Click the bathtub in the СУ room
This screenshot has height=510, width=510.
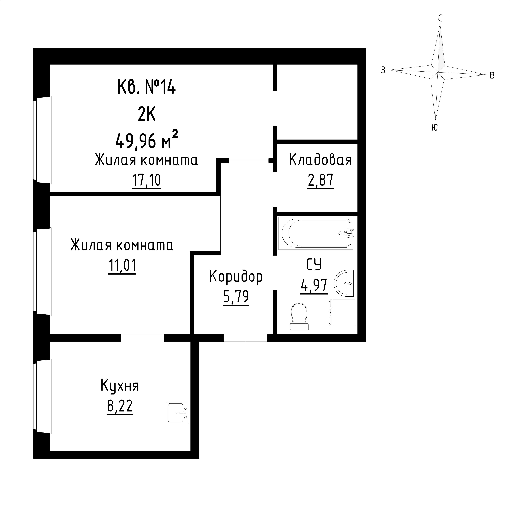click(x=315, y=233)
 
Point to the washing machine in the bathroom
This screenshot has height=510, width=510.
click(x=342, y=313)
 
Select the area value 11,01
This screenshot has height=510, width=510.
click(x=122, y=266)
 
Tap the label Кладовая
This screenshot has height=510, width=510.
click(x=320, y=160)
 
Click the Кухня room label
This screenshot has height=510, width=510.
click(x=120, y=386)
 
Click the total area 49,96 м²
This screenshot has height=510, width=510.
click(x=146, y=141)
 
